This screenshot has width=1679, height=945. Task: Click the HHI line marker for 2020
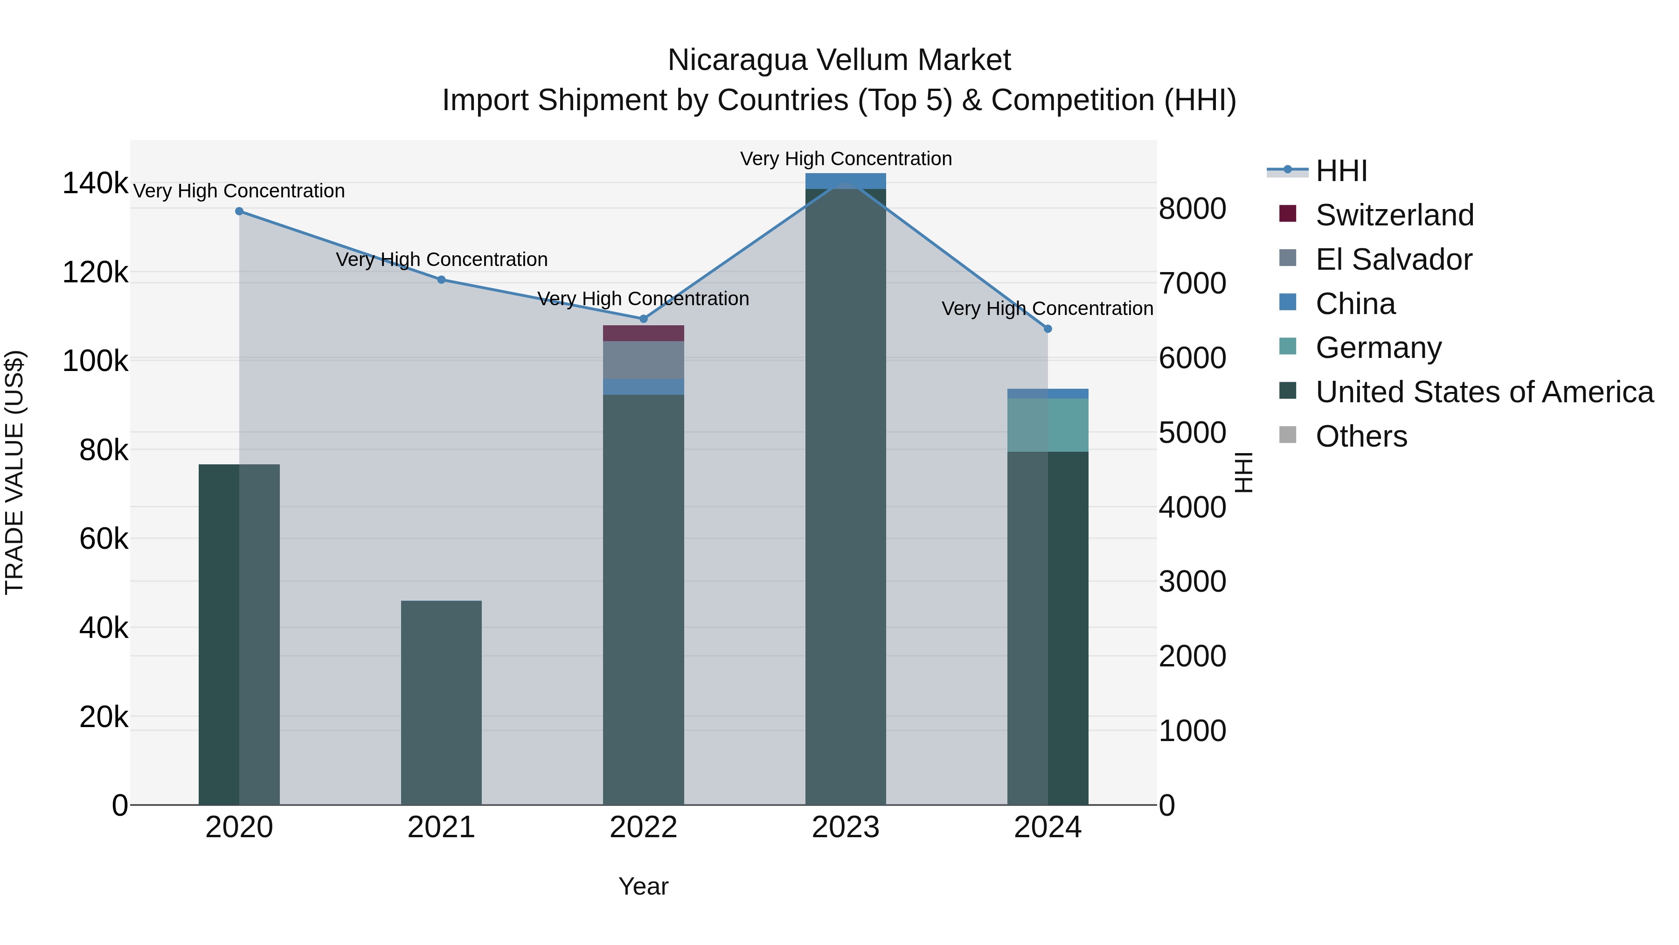click(x=239, y=211)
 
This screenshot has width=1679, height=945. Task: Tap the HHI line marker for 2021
click(x=441, y=280)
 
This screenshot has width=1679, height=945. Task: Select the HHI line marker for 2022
click(x=643, y=319)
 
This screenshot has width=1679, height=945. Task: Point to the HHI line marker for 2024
click(x=1048, y=329)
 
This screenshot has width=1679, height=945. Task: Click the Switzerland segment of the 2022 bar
click(x=643, y=333)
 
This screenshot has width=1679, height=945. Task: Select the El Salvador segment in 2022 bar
click(x=643, y=360)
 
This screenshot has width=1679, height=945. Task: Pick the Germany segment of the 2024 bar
click(x=1048, y=425)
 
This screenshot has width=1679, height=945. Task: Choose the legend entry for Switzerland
click(x=1394, y=215)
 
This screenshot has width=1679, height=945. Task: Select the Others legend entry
click(x=1361, y=436)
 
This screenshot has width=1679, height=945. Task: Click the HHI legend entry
click(x=1341, y=171)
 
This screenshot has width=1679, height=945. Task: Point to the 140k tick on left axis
click(x=95, y=183)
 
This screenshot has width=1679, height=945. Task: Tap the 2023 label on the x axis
click(x=846, y=827)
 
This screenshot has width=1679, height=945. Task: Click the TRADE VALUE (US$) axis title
click(x=14, y=472)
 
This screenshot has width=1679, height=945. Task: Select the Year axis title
click(x=643, y=886)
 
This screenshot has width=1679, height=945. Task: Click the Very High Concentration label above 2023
click(x=846, y=159)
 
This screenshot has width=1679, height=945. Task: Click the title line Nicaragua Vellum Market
click(x=839, y=60)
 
